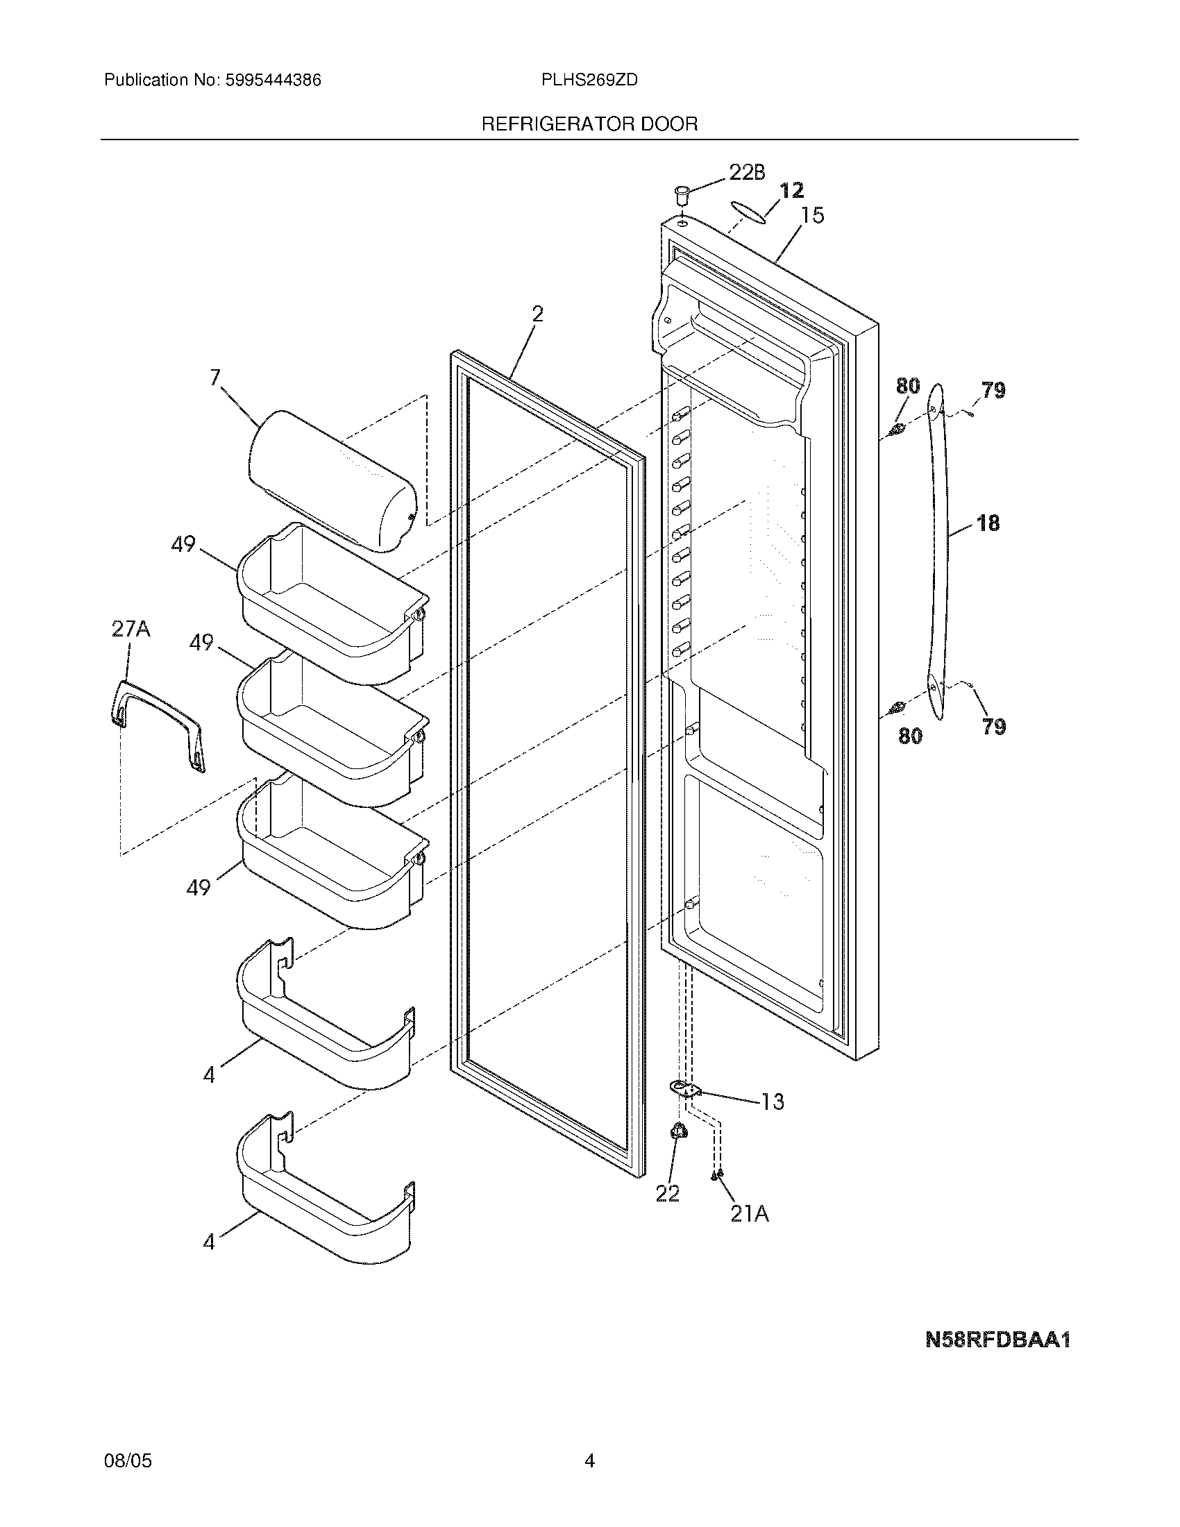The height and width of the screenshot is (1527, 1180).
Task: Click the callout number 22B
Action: pos(747,173)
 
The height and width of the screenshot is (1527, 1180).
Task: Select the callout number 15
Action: pos(812,215)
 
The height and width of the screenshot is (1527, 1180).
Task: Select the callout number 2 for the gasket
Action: pos(537,314)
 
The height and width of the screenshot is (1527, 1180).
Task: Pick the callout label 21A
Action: pos(750,1215)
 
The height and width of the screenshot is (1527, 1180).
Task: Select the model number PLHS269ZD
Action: pos(589,81)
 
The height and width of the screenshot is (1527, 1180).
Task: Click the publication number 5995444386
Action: pos(272,81)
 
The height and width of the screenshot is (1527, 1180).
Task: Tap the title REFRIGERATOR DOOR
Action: pos(589,124)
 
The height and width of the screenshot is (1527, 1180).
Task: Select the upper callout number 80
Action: pos(908,385)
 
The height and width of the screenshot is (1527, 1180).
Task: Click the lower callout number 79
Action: pos(993,727)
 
